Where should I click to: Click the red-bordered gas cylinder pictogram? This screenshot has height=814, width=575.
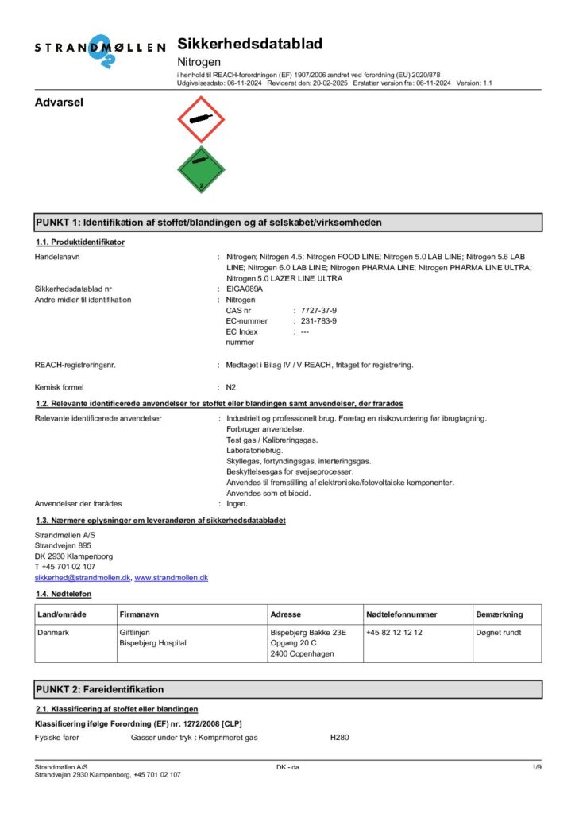(201, 119)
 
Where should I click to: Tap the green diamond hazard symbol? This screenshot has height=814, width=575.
(201, 169)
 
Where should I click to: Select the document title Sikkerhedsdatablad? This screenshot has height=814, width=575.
(238, 45)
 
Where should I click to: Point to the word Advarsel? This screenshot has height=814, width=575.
(60, 102)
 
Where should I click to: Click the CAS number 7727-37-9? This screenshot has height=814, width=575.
(318, 310)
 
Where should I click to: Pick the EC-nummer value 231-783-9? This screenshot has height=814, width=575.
(318, 320)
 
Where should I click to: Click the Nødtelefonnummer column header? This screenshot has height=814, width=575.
(402, 614)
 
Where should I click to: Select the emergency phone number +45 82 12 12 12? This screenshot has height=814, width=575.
(394, 632)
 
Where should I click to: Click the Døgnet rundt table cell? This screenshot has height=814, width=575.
(499, 632)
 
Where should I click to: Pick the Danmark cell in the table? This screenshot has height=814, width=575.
(55, 632)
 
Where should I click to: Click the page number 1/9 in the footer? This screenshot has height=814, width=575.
(536, 766)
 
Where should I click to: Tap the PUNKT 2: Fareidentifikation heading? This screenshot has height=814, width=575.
(100, 689)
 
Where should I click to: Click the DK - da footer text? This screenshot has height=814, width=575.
(287, 766)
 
